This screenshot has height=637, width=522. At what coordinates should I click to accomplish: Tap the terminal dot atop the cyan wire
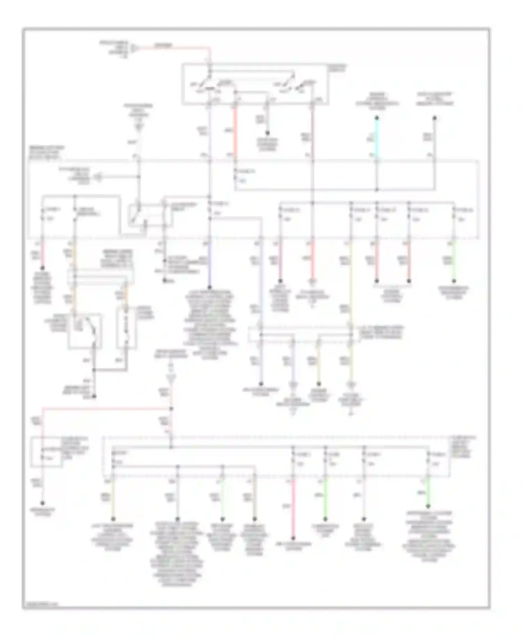[x=377, y=118]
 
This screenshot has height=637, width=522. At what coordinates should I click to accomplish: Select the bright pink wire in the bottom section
[x=293, y=509]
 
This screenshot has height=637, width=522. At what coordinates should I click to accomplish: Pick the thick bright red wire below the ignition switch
[x=235, y=132]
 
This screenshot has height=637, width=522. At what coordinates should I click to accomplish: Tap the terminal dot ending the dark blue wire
[x=209, y=287]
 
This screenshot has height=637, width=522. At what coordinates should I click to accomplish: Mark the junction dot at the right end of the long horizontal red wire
[x=171, y=408]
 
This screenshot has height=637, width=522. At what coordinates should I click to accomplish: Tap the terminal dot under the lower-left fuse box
[x=42, y=503]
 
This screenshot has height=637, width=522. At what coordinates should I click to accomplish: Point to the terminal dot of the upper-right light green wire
[x=454, y=281]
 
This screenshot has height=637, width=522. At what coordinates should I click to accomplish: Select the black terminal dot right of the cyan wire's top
[x=434, y=118]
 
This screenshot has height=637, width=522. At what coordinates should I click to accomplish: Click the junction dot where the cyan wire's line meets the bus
[x=377, y=190]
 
